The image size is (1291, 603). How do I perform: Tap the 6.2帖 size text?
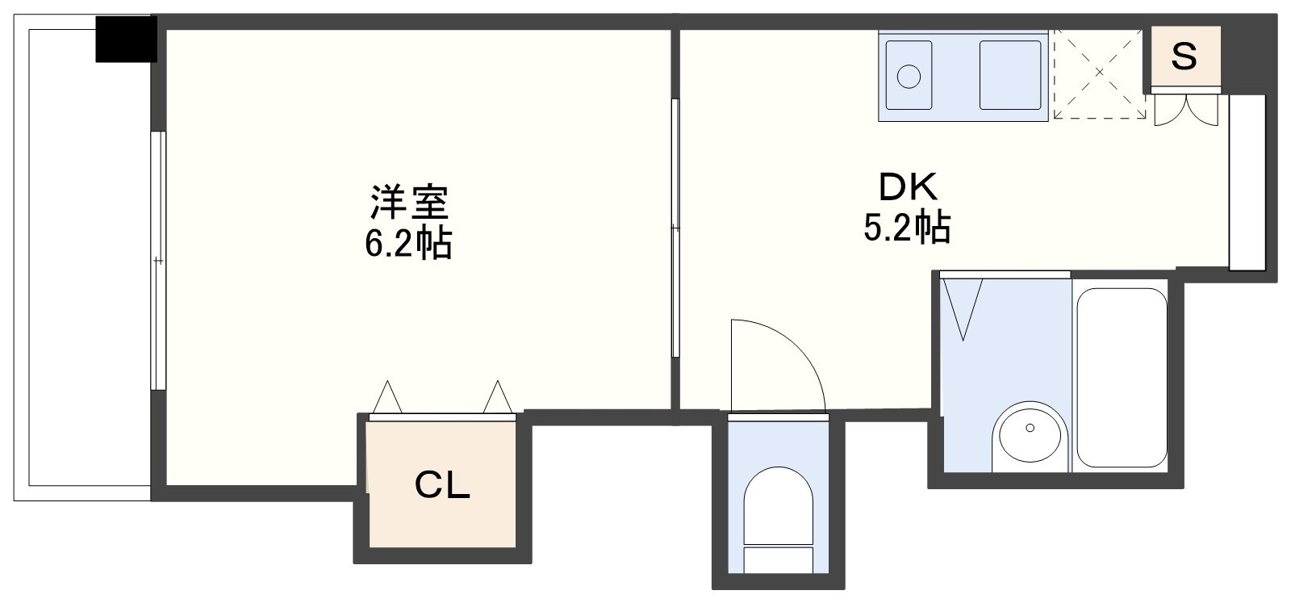pyautogui.click(x=408, y=243)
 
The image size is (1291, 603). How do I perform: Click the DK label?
pyautogui.click(x=908, y=188)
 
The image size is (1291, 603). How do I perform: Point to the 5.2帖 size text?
pyautogui.click(x=906, y=228)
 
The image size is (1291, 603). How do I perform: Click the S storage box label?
pyautogui.click(x=1183, y=57)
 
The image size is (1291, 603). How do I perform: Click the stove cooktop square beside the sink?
pyautogui.click(x=1009, y=74)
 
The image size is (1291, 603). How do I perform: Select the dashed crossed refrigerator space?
pyautogui.click(x=1099, y=74)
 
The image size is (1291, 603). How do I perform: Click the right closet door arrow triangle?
pyautogui.click(x=498, y=397)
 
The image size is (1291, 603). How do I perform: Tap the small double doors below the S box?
pyautogui.click(x=1184, y=110)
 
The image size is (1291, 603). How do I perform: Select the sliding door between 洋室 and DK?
pyautogui.click(x=675, y=228)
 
